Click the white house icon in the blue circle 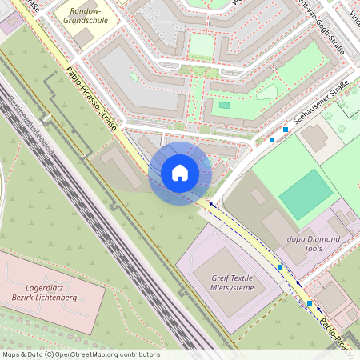[x=180, y=173]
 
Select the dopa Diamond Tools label [x=314, y=243]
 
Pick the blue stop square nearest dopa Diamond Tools [x=280, y=266]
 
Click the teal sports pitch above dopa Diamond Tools [x=306, y=194]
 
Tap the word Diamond [x=322, y=238]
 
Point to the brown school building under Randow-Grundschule [x=83, y=37]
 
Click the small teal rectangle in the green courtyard [x=224, y=105]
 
